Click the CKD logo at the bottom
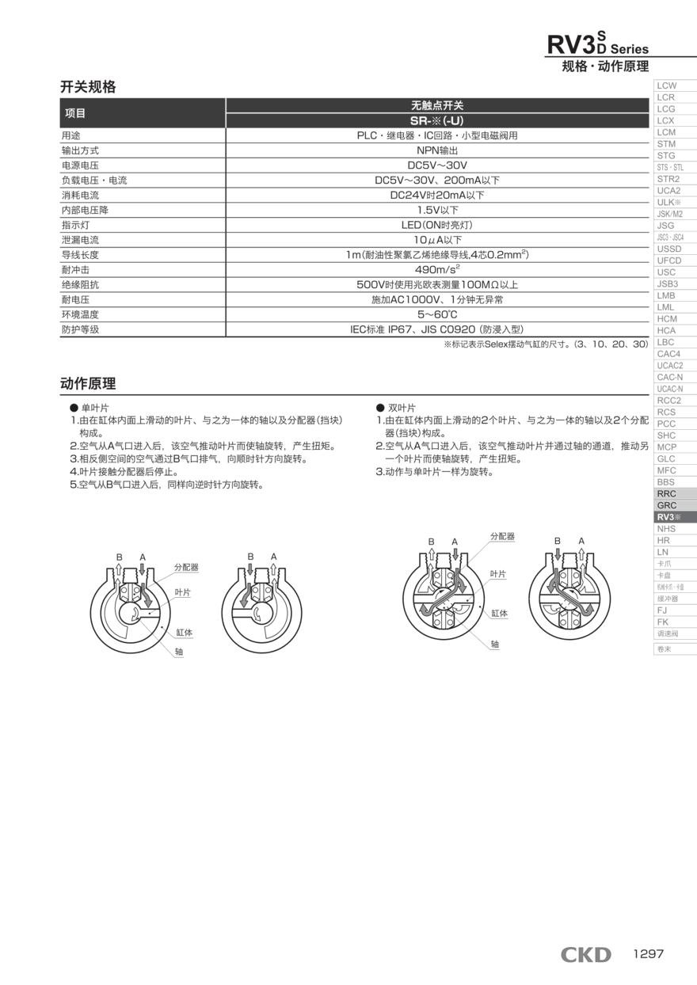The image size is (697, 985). coord(585,955)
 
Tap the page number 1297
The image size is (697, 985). coord(648,954)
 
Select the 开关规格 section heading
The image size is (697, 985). coord(88,87)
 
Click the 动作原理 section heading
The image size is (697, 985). coord(88,384)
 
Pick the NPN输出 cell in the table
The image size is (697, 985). coord(437,150)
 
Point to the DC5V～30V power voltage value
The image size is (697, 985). coord(437,165)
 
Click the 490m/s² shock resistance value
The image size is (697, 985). coord(437,270)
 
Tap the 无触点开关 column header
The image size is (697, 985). coord(437,105)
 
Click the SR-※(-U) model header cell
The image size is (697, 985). coord(437,120)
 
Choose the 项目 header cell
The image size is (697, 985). coord(75,113)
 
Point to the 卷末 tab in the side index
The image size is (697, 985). coord(664,648)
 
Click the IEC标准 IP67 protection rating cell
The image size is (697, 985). coord(437,329)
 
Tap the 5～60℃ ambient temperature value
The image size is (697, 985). coord(437,314)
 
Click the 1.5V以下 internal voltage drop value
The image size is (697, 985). coord(437,210)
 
